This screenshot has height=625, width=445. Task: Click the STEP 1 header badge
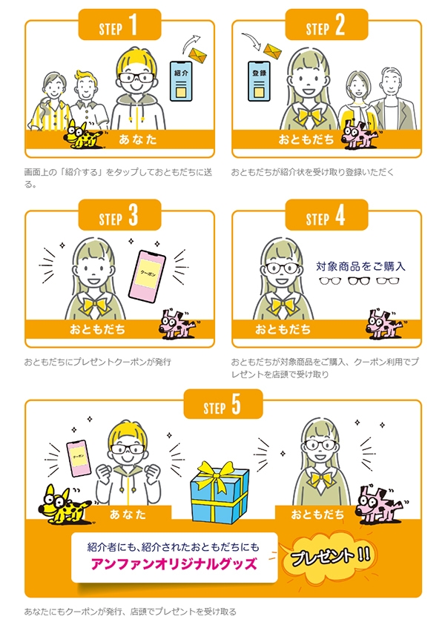(x=119, y=24)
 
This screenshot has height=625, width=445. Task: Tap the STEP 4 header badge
(x=326, y=215)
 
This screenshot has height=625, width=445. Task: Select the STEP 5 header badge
(x=223, y=404)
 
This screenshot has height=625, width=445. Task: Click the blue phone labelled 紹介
(x=181, y=81)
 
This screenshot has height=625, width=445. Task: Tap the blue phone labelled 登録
(x=259, y=81)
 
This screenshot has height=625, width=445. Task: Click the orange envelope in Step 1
(x=197, y=55)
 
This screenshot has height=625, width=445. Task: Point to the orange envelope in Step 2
(x=272, y=51)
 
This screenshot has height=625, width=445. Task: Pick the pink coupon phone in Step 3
(x=147, y=277)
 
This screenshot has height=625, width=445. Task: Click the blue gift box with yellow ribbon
(x=220, y=492)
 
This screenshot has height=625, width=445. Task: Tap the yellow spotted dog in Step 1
(x=84, y=134)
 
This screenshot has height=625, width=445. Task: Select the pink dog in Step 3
(x=179, y=324)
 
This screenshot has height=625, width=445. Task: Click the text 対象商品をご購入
(x=360, y=266)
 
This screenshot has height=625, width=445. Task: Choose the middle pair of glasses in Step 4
(x=359, y=281)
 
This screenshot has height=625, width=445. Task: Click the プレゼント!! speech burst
(x=331, y=556)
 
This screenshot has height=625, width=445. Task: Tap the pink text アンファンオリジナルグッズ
(x=174, y=564)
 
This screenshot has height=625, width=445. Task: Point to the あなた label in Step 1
(x=137, y=139)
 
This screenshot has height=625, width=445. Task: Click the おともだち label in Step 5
(x=317, y=515)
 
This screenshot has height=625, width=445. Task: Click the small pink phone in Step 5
(x=79, y=458)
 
